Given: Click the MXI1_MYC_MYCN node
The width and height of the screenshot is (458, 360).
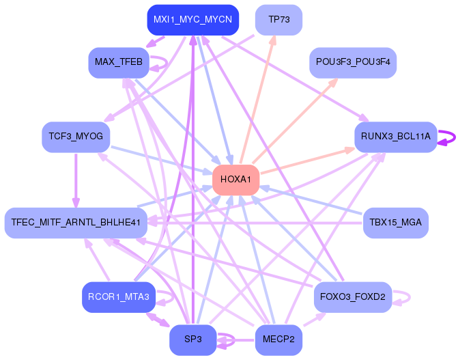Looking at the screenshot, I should [x=192, y=20].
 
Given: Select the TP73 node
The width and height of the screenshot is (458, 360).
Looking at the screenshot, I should [x=279, y=20].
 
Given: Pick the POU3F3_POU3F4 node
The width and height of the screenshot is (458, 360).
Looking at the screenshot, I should [x=353, y=62].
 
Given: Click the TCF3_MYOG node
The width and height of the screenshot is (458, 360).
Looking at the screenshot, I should [x=76, y=137].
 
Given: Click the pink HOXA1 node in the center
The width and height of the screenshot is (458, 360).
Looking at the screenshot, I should [x=235, y=180].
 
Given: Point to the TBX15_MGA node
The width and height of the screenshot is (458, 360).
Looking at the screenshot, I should [x=395, y=222].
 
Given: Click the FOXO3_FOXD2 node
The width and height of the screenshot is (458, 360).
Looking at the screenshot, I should [x=353, y=297].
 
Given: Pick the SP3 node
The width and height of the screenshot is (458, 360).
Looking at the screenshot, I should [x=192, y=339].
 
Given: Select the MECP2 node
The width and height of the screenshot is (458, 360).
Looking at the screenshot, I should [x=278, y=339].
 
